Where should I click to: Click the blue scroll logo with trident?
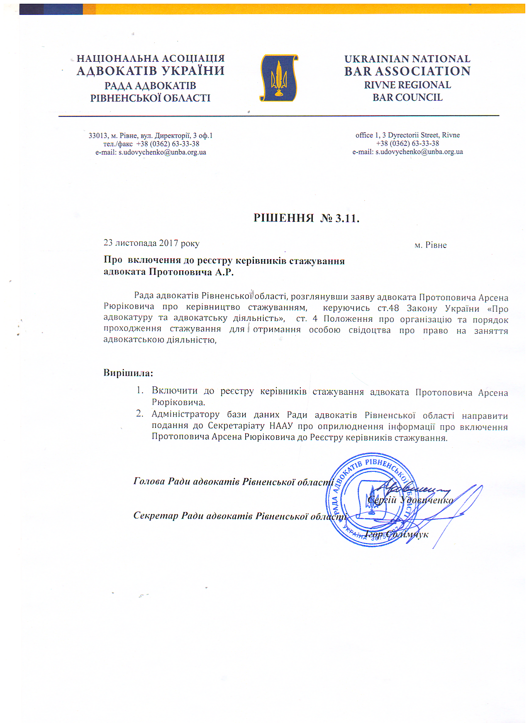pos(279,78)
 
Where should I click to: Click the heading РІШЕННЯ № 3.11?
pos(306,218)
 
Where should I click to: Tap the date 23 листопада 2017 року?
pos(151,243)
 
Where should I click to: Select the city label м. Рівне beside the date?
pos(431,245)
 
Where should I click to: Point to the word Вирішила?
pos(128,373)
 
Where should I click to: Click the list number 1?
pos(140,391)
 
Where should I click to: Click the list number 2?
pos(140,414)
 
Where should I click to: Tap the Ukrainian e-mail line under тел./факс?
pos(151,152)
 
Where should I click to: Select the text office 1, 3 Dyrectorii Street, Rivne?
pos(407,135)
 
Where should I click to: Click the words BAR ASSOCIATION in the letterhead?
pos(407,71)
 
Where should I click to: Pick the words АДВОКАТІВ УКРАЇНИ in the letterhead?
pos(151,71)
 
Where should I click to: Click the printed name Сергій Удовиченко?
pos(411,500)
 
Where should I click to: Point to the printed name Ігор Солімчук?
pos(397,534)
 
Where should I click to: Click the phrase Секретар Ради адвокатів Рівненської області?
pos(240,516)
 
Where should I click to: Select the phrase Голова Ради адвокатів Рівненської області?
pos(234,482)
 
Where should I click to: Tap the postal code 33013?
pos(98,136)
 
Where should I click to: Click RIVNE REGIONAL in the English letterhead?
pos(407,85)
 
